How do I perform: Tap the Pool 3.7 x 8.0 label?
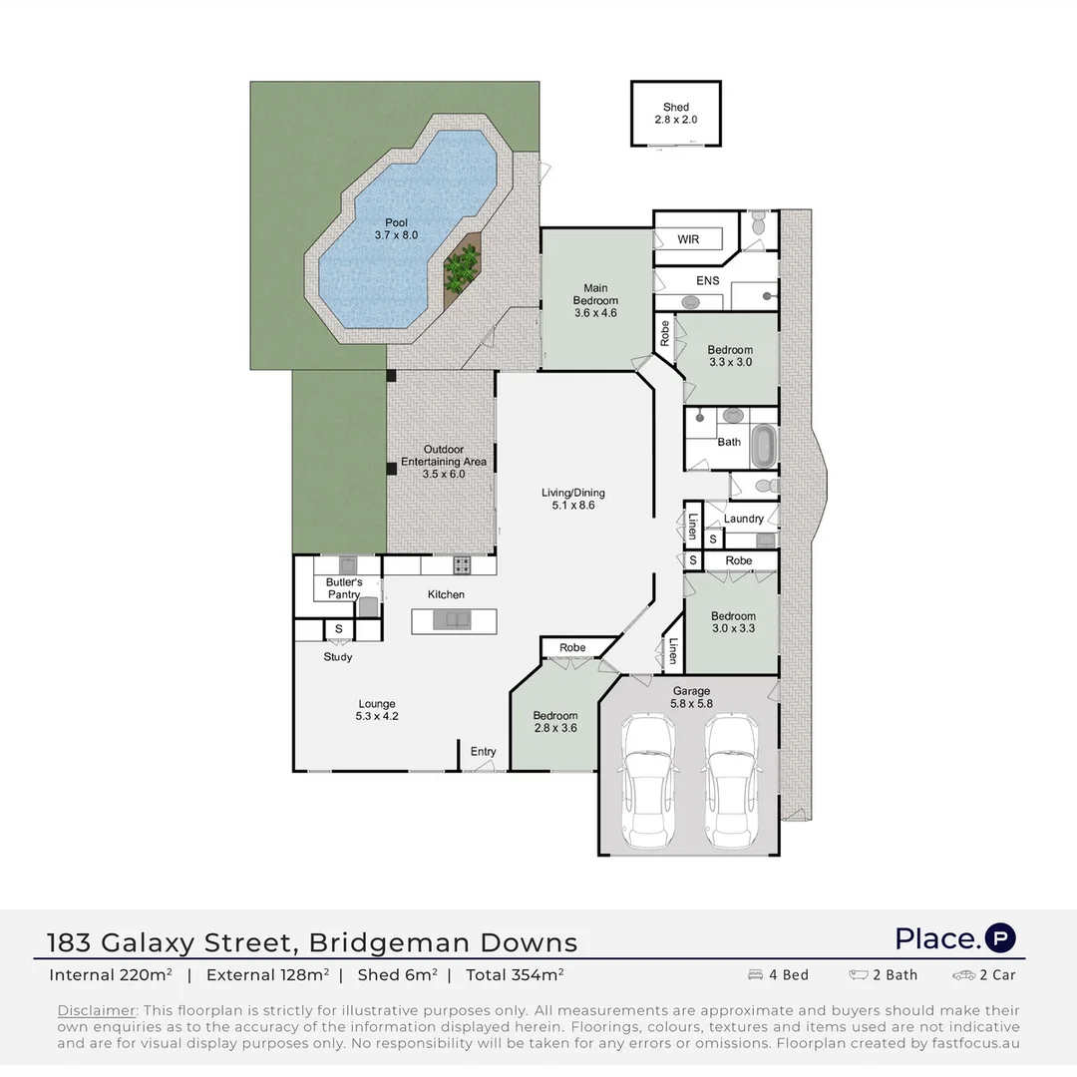(x=397, y=228)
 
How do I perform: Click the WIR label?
(x=688, y=240)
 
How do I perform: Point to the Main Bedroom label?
(x=595, y=300)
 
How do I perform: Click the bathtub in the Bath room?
(x=763, y=446)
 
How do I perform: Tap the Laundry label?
(x=744, y=519)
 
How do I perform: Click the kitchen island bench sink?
(x=455, y=621)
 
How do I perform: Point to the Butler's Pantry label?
(x=343, y=588)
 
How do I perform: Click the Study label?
(x=337, y=657)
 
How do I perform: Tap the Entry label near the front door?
(x=483, y=751)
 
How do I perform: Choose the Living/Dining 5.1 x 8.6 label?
(x=572, y=499)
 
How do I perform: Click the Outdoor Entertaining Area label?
(x=443, y=462)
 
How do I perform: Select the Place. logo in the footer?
(x=954, y=938)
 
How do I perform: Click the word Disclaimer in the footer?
(x=96, y=1010)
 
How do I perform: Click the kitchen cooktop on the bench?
(x=463, y=564)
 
